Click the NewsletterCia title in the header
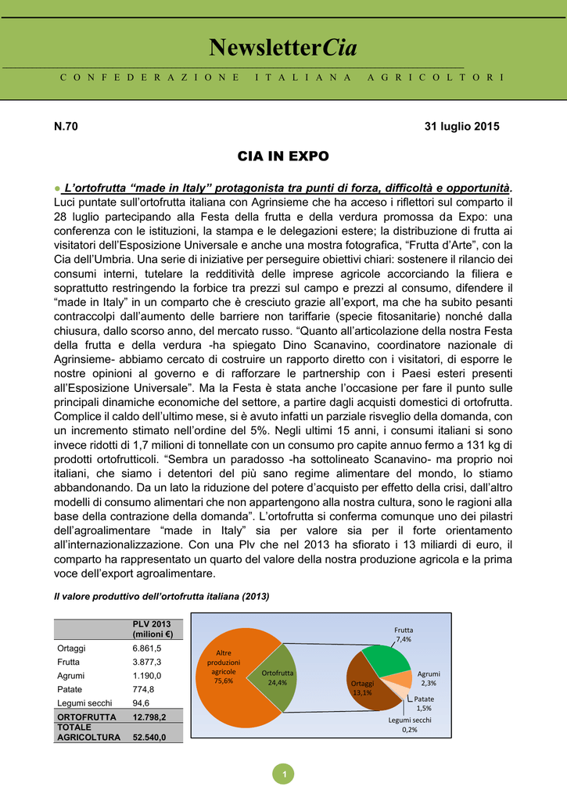click(283, 48)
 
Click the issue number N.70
click(66, 126)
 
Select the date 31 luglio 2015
click(461, 126)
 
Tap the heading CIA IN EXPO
click(283, 156)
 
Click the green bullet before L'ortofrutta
click(57, 188)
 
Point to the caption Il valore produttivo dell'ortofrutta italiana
click(161, 596)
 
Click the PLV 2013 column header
click(152, 628)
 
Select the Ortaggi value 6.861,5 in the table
click(148, 648)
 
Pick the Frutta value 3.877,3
click(148, 662)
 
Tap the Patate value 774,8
click(144, 689)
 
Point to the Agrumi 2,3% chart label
click(429, 678)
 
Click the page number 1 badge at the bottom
click(285, 774)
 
